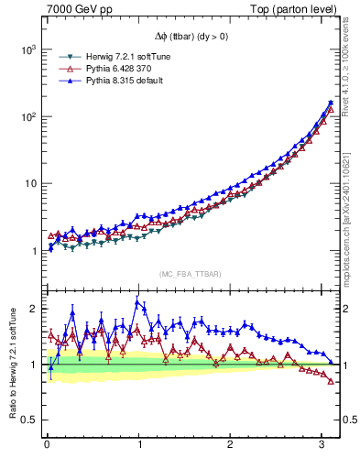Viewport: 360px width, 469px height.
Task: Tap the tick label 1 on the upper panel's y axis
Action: (31, 251)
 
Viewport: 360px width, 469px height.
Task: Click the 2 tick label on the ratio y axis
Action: (31, 309)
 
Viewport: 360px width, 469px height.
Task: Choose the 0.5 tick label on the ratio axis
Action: (26, 420)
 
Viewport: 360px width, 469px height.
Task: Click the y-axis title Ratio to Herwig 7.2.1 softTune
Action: (11, 364)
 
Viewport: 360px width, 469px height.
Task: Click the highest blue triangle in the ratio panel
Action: (137, 303)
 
